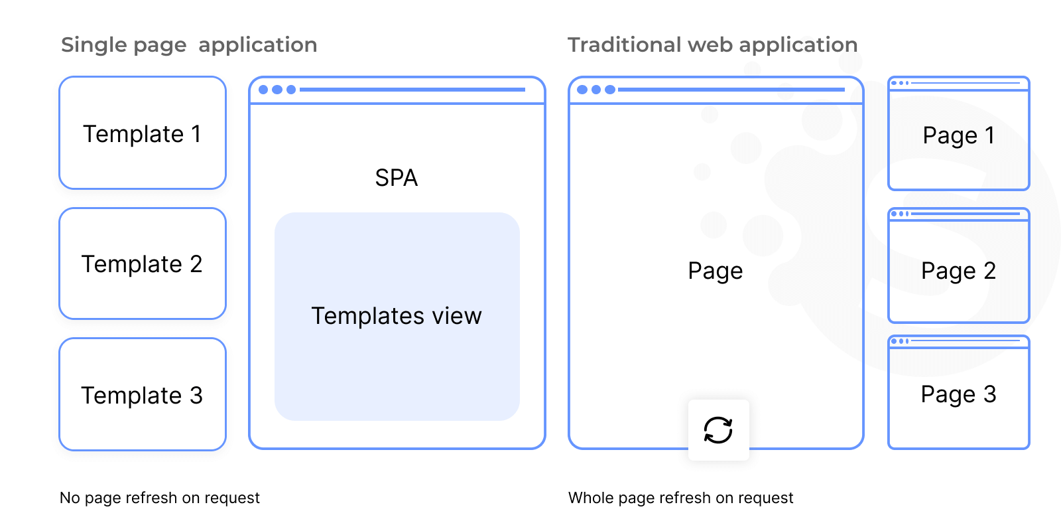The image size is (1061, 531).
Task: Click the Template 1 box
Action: point(143,133)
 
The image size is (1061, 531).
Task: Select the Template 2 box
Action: point(143,264)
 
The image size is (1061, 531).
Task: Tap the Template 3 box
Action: point(143,394)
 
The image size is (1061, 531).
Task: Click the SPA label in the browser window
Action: point(397,178)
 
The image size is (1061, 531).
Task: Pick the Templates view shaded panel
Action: point(397,316)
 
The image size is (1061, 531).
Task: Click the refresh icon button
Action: point(718,430)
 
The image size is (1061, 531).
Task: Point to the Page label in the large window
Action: point(716,271)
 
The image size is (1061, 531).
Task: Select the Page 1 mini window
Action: point(958,135)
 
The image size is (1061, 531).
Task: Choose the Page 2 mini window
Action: point(958,270)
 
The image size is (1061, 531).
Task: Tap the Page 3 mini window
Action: point(958,394)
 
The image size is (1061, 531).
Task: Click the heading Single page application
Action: point(189,45)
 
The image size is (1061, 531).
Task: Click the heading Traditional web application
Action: point(712,45)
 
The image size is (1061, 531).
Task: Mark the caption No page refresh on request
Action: point(160,498)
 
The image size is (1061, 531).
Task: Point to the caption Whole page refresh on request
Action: point(680,498)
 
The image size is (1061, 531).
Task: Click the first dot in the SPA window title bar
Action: point(263,90)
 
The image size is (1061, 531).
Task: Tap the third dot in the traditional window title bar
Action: point(610,90)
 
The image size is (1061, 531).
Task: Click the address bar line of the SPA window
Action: point(412,90)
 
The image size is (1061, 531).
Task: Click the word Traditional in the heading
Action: point(624,45)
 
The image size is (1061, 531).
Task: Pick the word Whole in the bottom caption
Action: point(590,498)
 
